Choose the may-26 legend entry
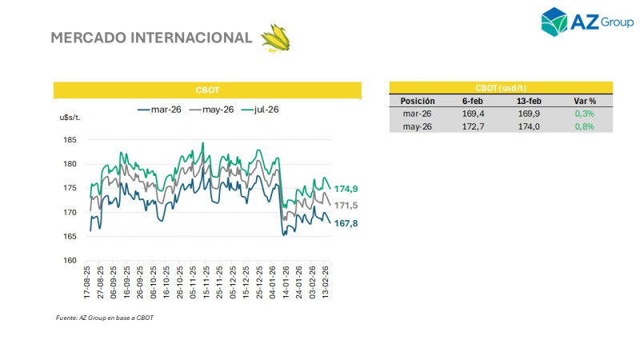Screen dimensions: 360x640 [x=211, y=110]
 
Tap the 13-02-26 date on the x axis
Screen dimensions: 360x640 [x=326, y=283]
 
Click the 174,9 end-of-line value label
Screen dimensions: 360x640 [x=346, y=189]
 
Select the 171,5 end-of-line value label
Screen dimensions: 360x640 [x=346, y=206]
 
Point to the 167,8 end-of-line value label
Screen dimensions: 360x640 [x=346, y=223]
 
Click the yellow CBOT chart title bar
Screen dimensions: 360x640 [x=207, y=90]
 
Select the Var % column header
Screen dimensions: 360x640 [x=585, y=102]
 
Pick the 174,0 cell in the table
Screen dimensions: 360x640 [x=529, y=126]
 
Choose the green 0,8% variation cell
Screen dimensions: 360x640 [x=585, y=126]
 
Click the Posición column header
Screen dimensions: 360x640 [x=418, y=102]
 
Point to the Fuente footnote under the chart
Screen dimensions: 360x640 [x=104, y=318]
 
